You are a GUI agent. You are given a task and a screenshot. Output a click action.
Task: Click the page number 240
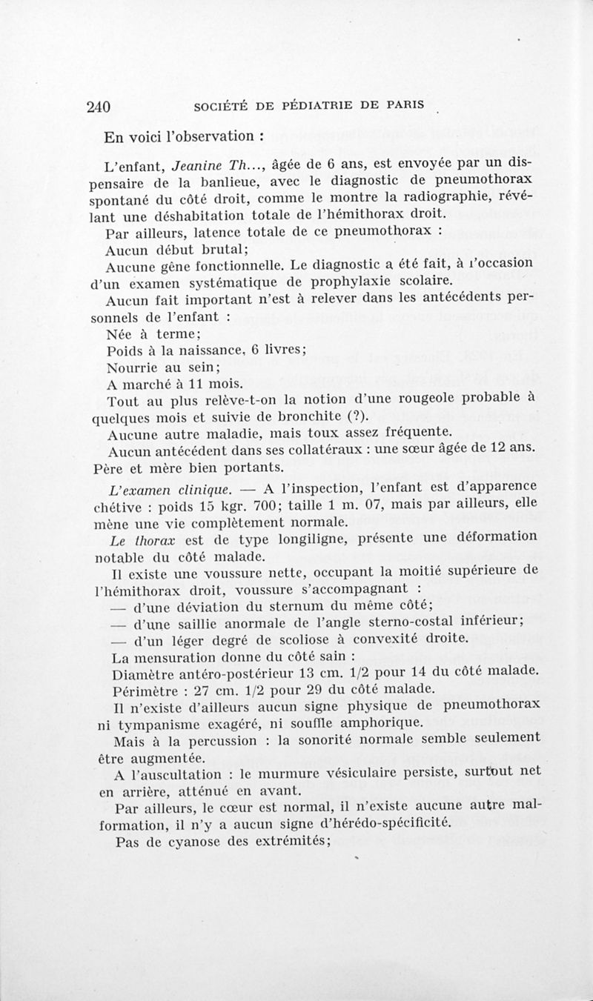point(99,106)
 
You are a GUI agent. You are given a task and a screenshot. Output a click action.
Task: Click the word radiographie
point(438,200)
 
